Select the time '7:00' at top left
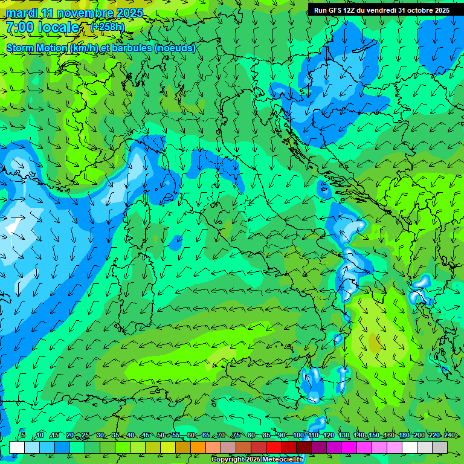click(x=20, y=27)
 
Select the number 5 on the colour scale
click(x=23, y=436)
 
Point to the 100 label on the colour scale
click(x=298, y=436)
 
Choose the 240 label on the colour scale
click(x=449, y=436)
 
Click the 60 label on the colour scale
click(x=191, y=436)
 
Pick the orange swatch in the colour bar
click(x=198, y=447)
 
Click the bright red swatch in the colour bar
click(x=274, y=447)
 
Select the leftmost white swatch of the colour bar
click(x=17, y=447)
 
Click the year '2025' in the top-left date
click(x=129, y=13)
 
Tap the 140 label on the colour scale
click(x=359, y=436)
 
